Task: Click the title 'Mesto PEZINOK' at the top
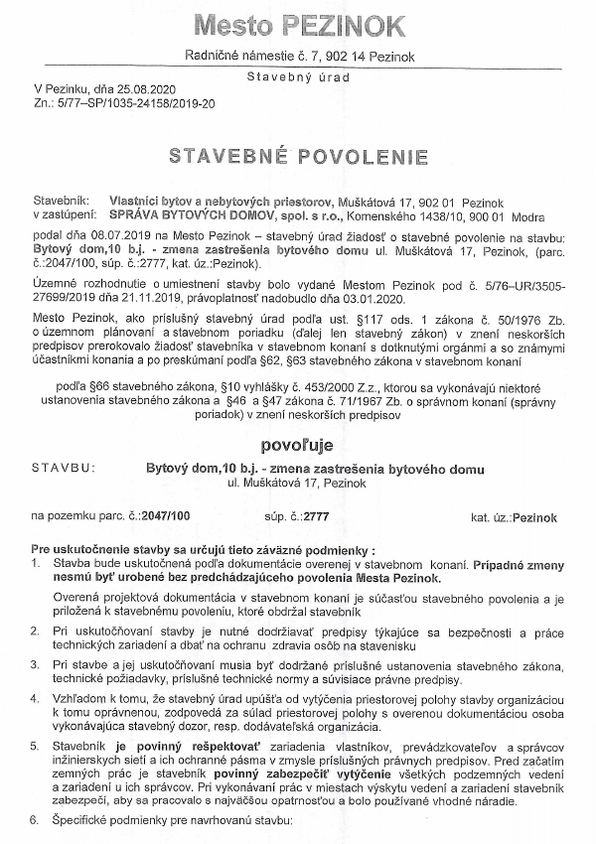[x=298, y=24]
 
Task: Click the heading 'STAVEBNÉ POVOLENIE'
[x=298, y=157]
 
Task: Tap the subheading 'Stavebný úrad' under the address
[x=297, y=74]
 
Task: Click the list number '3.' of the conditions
[x=38, y=662]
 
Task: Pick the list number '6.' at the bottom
[x=38, y=822]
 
